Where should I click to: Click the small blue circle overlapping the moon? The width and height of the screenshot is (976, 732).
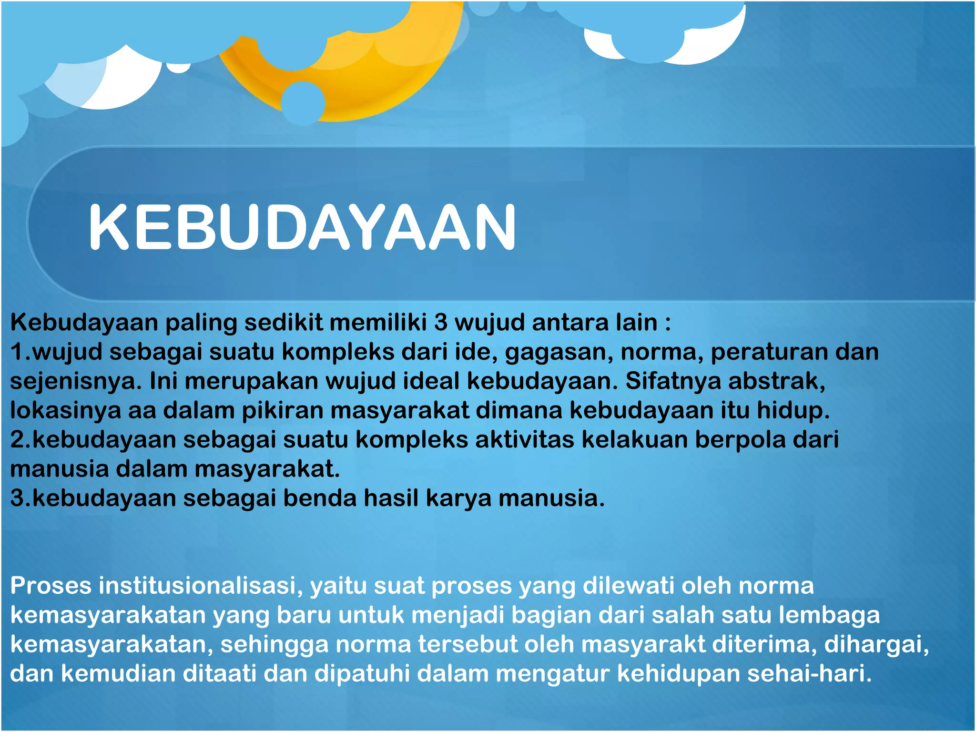303,103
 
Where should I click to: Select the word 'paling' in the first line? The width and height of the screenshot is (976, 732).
201,323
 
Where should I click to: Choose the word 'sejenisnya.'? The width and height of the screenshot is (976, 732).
76,382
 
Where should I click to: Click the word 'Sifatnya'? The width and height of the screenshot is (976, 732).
673,381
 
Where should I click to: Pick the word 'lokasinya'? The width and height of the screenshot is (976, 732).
65,410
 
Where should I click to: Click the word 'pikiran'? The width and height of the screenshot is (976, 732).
283,411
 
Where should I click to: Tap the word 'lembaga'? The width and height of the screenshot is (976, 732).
829,615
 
